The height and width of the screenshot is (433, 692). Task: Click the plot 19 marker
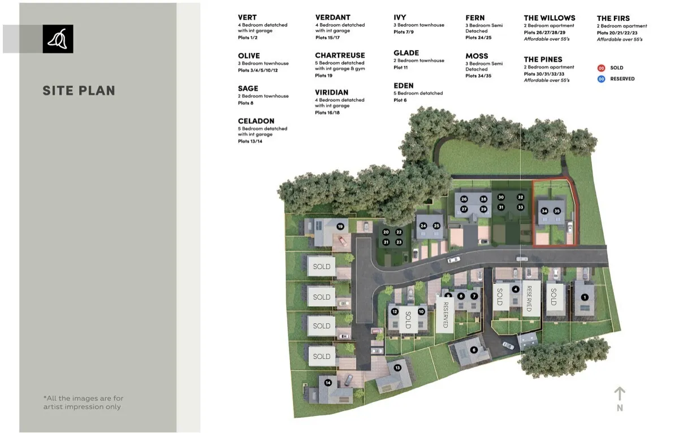[x=340, y=226]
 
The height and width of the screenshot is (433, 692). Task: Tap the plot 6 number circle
[x=474, y=350]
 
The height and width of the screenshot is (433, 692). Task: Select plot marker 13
[x=397, y=367]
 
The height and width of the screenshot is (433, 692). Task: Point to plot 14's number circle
[x=328, y=383]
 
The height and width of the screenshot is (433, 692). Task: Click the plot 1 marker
[x=585, y=297]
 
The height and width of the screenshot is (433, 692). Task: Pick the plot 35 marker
[x=557, y=211]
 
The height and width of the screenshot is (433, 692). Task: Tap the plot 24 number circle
[x=423, y=226]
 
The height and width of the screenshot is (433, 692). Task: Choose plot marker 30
[x=501, y=197]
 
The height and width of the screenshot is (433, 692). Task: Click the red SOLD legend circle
[x=601, y=68]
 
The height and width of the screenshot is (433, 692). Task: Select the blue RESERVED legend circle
[x=601, y=79]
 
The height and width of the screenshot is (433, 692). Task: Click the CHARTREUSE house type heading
[x=340, y=55]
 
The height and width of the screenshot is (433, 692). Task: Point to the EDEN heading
[x=404, y=85]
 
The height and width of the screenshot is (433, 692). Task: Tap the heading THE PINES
[x=543, y=59]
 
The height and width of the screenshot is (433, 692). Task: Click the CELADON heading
[x=256, y=121]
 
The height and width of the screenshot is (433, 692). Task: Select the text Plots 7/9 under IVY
[x=404, y=32]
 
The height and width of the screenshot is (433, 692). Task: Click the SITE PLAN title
[x=79, y=91]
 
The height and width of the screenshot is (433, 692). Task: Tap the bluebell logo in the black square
[x=58, y=39]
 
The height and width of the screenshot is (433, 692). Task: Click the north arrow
[x=620, y=394]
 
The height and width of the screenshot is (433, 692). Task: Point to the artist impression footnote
[x=84, y=402]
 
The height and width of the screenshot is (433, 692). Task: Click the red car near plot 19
[x=342, y=240]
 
